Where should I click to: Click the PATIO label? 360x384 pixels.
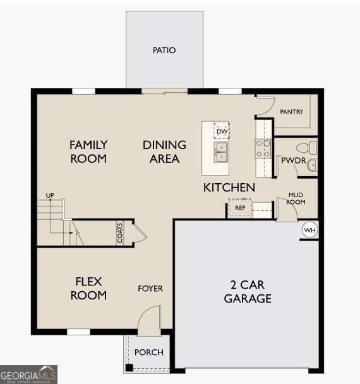(x=164, y=50)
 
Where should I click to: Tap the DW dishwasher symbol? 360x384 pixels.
(x=222, y=131)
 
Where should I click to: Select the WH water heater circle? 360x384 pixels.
(x=309, y=230)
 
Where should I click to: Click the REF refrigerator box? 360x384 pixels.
(x=240, y=208)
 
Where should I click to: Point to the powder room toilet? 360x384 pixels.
(x=306, y=148)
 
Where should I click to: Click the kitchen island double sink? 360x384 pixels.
(x=221, y=152)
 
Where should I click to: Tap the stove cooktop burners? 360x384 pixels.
(x=263, y=148)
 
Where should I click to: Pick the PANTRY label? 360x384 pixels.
(x=291, y=112)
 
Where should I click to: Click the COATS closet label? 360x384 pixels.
(x=120, y=233)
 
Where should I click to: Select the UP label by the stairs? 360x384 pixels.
(x=50, y=195)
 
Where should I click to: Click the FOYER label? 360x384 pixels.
(x=150, y=289)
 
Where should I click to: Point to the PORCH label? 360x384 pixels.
(x=149, y=352)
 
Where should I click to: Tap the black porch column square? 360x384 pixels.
(x=129, y=368)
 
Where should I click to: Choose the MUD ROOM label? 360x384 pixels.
(x=296, y=198)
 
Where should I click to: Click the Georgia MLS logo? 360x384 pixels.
(x=28, y=375)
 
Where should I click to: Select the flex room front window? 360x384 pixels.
(x=78, y=332)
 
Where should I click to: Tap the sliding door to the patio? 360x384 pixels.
(x=165, y=92)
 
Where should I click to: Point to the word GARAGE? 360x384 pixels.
(x=248, y=299)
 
